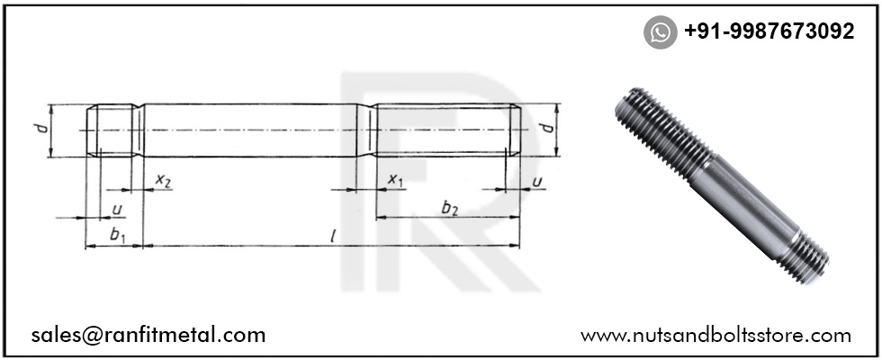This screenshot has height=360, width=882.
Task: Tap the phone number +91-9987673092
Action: click(769, 31)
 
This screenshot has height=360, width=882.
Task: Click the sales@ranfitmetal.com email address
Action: click(148, 335)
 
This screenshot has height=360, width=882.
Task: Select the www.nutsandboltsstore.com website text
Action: click(715, 336)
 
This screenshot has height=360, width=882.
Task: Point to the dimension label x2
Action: click(163, 180)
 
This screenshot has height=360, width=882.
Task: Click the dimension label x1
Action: click(396, 180)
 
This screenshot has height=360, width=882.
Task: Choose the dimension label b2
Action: click(449, 208)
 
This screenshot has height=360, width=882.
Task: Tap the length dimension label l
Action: click(333, 236)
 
